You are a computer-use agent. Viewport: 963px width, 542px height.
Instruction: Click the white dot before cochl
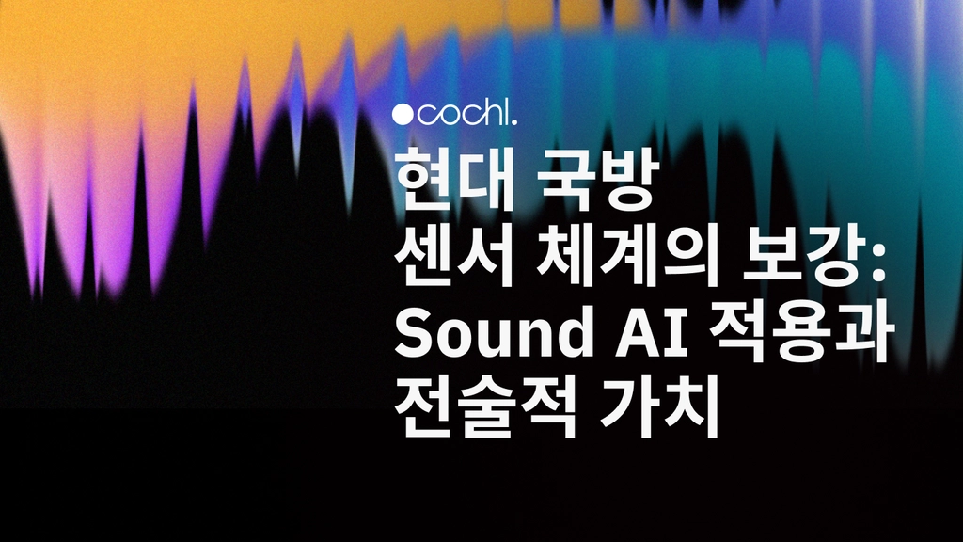point(402,115)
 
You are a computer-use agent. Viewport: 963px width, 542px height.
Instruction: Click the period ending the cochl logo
point(514,122)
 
